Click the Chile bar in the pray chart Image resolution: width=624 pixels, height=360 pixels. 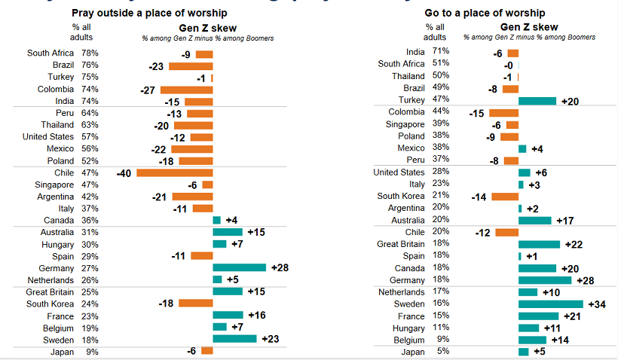point(175,173)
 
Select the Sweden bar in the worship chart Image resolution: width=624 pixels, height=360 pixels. point(550,304)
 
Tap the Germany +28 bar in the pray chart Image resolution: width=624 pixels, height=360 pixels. point(240,267)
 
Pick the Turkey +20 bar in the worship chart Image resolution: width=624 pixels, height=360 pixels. point(537,101)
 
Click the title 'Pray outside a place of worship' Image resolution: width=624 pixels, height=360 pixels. point(149,14)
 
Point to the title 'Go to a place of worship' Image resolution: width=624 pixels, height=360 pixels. point(485,14)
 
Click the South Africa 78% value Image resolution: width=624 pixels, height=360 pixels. point(90,53)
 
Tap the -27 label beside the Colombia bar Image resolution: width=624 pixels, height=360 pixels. point(148,89)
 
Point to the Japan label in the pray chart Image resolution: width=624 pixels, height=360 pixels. point(62,352)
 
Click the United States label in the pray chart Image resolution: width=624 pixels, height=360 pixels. point(48,137)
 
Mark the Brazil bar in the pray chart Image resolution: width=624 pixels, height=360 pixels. point(191,66)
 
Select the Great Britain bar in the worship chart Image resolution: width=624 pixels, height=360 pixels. point(539,244)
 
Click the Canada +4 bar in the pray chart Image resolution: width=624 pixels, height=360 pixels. point(217,220)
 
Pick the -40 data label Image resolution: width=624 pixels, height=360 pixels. point(124,173)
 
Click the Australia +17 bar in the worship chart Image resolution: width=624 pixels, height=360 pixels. point(535,221)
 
